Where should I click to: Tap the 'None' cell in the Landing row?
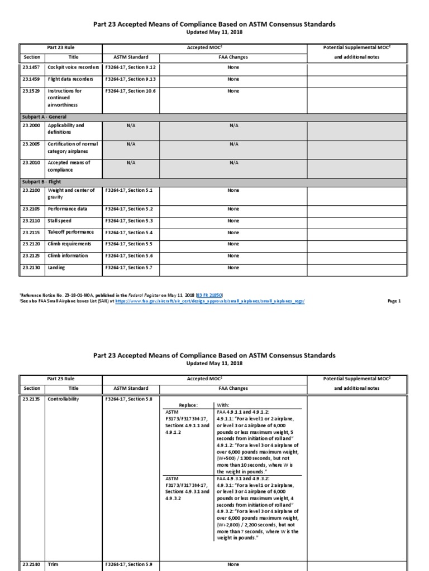(x=233, y=268)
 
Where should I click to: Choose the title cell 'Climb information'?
(x=68, y=256)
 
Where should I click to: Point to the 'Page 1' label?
(x=394, y=301)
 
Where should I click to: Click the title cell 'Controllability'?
(x=64, y=399)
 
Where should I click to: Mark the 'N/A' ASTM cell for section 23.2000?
(x=131, y=126)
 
